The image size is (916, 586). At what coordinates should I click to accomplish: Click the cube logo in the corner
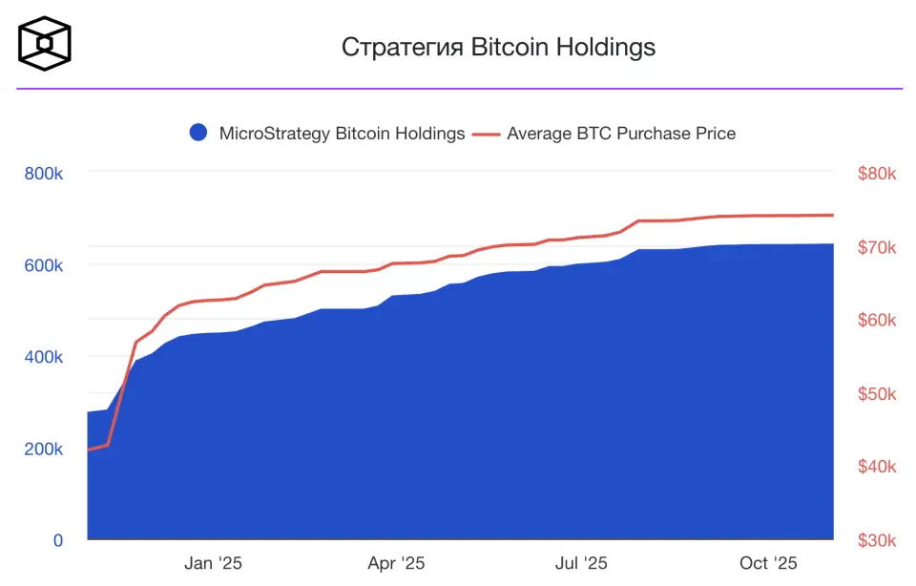(x=45, y=44)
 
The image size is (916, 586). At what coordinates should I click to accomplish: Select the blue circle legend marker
(x=198, y=134)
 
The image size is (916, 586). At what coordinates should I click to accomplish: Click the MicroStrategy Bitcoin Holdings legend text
(x=342, y=134)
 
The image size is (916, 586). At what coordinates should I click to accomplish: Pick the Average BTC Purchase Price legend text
(x=621, y=134)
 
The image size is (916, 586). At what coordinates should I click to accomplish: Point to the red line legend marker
(x=487, y=134)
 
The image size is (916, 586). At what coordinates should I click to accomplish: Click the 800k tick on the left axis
(x=43, y=174)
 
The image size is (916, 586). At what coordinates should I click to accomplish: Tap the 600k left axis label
(x=43, y=265)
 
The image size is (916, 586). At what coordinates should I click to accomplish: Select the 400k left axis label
(x=43, y=357)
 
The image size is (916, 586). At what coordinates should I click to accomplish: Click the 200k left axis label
(x=43, y=449)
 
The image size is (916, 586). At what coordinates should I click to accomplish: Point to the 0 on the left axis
(x=58, y=540)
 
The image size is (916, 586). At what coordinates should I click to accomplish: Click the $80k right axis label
(x=877, y=174)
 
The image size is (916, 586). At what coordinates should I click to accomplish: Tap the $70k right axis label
(x=877, y=247)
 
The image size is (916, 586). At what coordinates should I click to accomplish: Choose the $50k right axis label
(x=877, y=394)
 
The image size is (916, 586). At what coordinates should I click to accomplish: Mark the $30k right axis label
(x=877, y=540)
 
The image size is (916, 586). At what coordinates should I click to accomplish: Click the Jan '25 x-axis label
(x=213, y=563)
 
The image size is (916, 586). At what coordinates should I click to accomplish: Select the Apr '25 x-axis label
(x=396, y=563)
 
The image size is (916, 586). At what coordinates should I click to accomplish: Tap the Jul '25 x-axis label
(x=580, y=563)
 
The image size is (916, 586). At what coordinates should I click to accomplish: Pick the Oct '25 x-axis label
(x=768, y=563)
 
